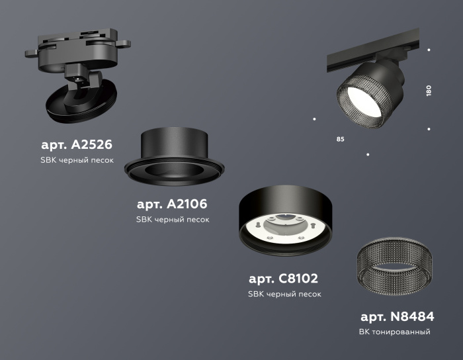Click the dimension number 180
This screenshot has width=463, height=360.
tap(429, 91)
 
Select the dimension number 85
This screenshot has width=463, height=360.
tap(340, 140)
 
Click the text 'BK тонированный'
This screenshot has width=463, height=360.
tap(396, 332)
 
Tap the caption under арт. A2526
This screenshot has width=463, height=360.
tap(77, 161)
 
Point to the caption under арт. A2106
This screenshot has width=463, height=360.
tap(172, 220)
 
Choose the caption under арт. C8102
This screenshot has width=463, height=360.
tap(284, 294)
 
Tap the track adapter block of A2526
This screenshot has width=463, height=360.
tap(73, 47)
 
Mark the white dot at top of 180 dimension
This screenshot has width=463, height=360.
tap(429, 50)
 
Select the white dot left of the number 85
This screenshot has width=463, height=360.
tap(314, 119)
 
